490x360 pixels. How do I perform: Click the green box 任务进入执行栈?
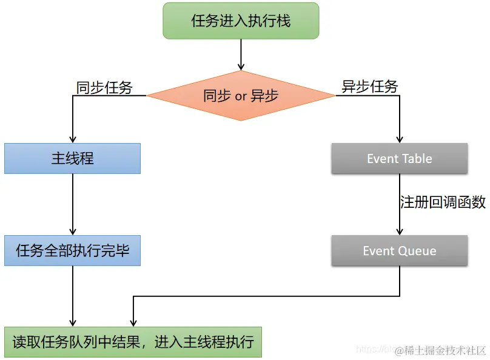tap(241, 21)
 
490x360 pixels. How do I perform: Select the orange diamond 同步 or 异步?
tap(241, 96)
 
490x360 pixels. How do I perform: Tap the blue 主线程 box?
tap(72, 159)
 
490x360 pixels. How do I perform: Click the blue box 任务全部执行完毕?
tap(72, 250)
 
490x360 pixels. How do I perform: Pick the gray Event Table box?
tap(400, 159)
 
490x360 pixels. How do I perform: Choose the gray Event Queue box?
tap(400, 250)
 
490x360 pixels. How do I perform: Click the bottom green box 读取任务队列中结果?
tap(133, 342)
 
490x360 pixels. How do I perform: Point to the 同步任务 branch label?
tap(104, 88)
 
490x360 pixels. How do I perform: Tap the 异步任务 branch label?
tap(370, 87)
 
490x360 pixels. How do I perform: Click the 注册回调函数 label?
tap(443, 202)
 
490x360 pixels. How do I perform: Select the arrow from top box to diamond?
tap(241, 55)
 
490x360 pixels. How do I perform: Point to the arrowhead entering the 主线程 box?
tap(73, 139)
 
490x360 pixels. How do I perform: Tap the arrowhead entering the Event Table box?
tap(400, 139)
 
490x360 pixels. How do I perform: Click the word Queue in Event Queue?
tap(417, 251)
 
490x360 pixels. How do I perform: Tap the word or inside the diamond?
tap(241, 96)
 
